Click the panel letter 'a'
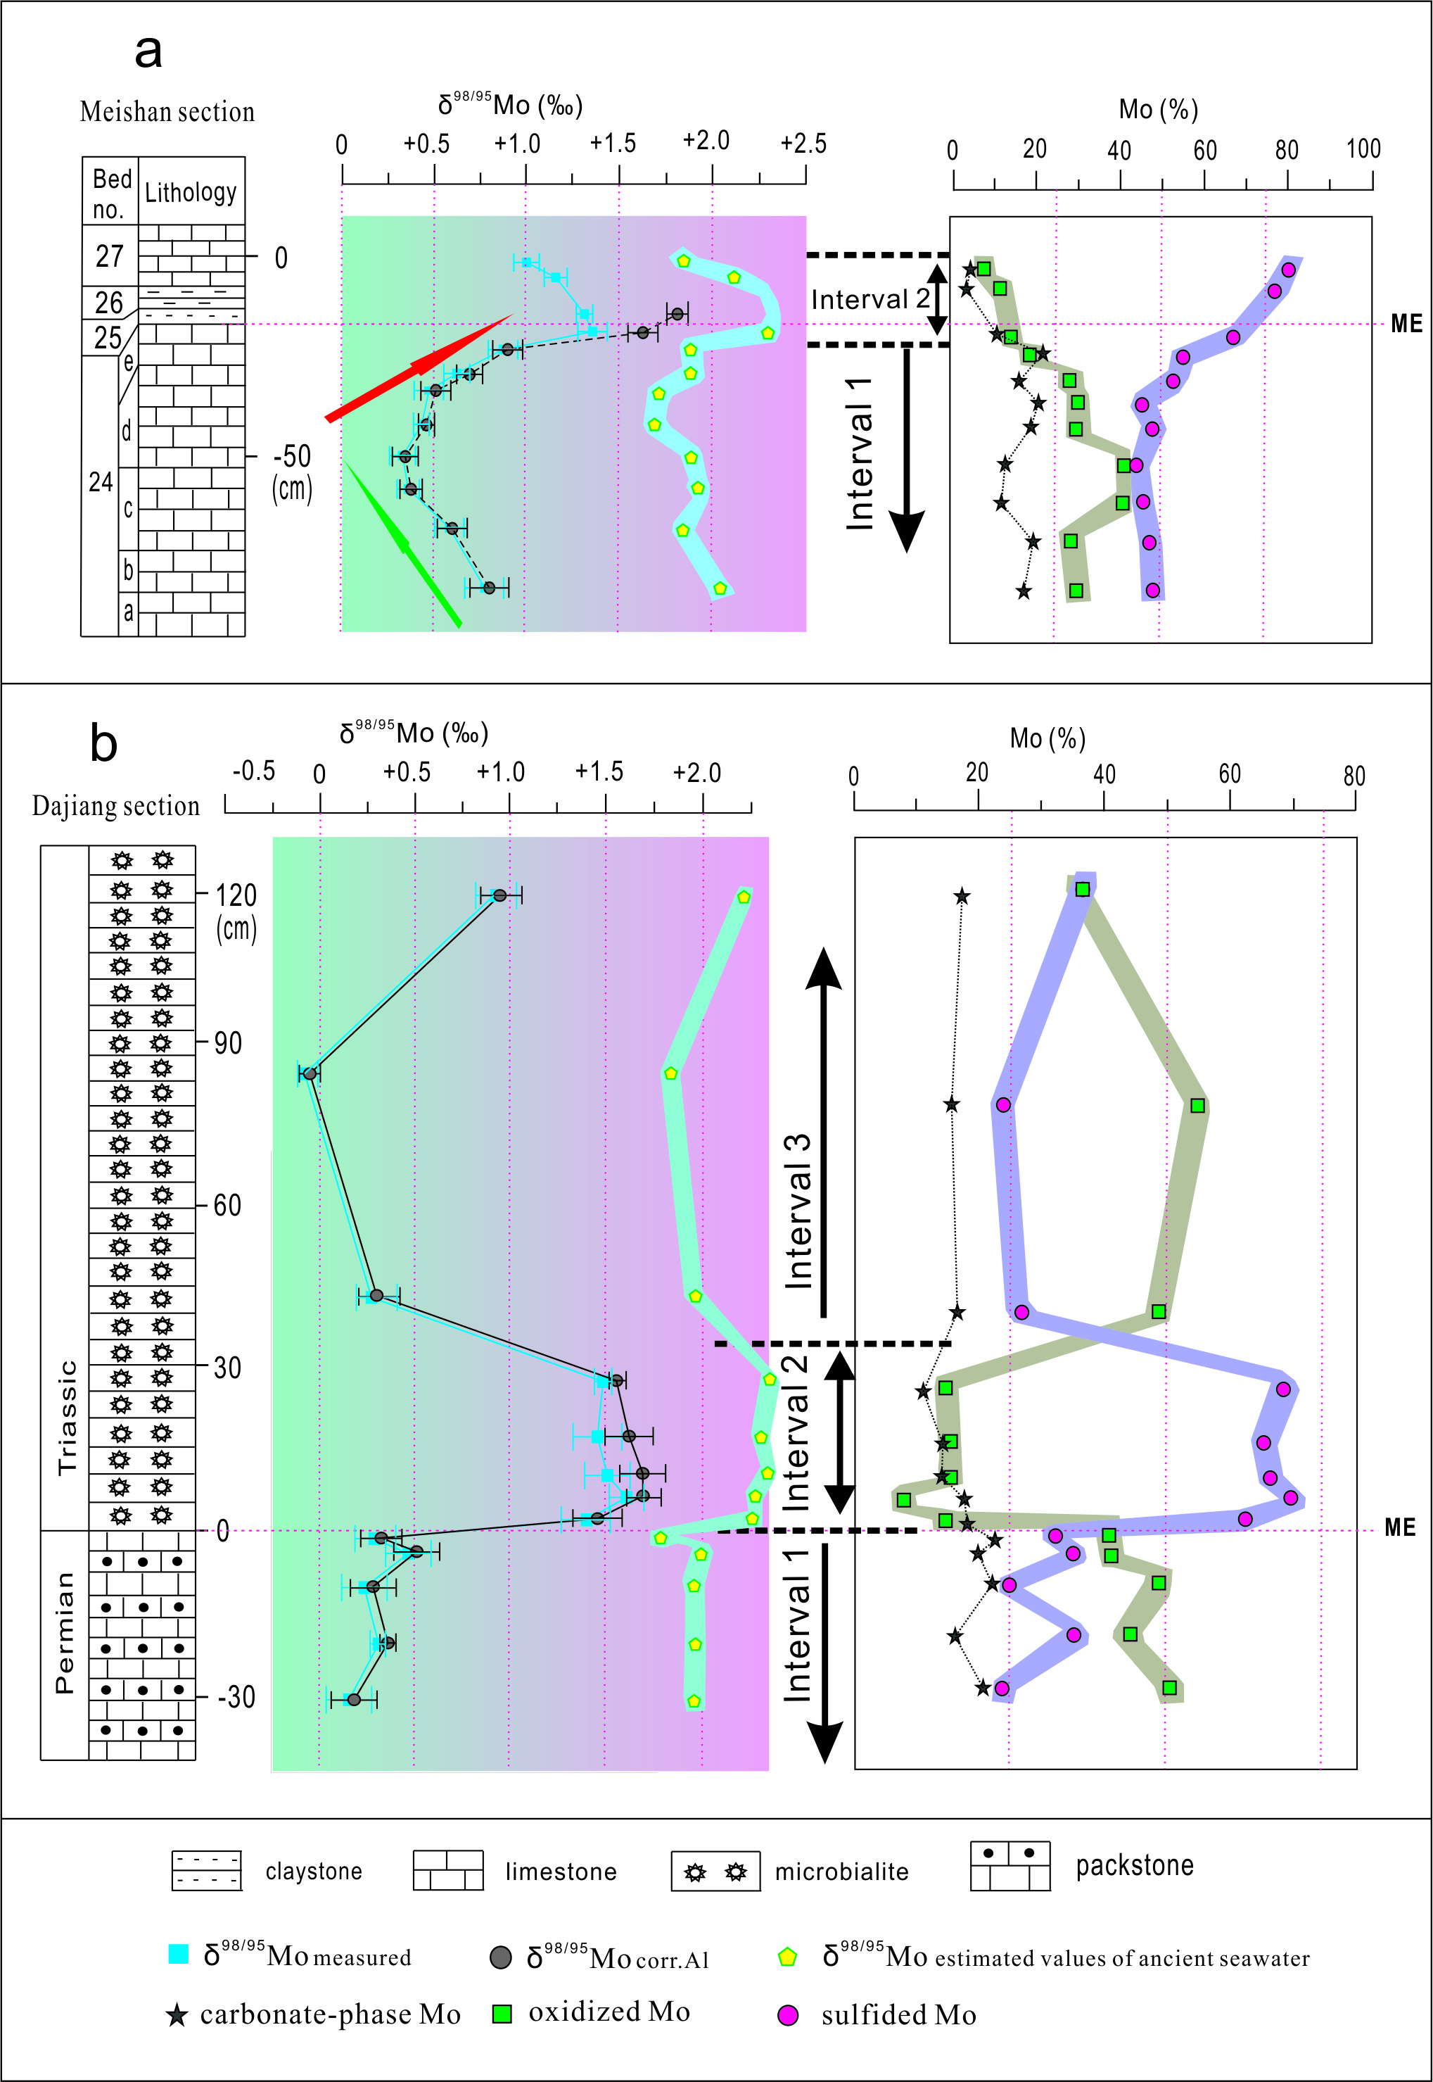(148, 53)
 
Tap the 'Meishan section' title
(167, 111)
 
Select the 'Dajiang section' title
(116, 806)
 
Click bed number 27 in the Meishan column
(110, 256)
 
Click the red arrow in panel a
(419, 367)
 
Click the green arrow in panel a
(403, 543)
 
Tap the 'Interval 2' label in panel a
(870, 299)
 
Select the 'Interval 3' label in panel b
(797, 1211)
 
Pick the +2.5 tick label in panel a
(803, 144)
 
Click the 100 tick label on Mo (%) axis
(1363, 149)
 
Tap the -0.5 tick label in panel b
(253, 771)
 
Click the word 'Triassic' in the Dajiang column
(66, 1418)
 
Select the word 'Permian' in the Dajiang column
(65, 1632)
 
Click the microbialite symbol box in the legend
(715, 1872)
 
